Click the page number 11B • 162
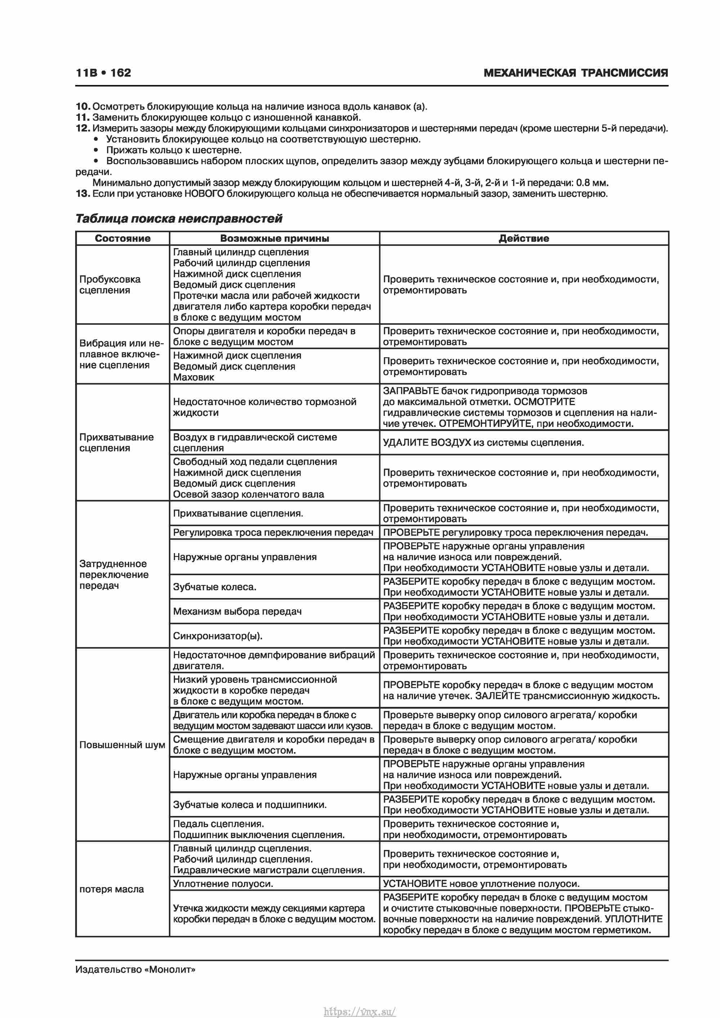pos(103,73)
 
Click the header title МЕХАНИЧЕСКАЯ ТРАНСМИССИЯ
pos(576,73)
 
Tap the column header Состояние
pos(122,238)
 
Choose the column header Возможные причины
pos(274,238)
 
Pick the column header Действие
pos(523,238)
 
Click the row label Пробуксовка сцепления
pos(109,284)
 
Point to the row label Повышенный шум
pos(122,745)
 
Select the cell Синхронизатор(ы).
pos(218,636)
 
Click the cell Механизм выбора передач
pos(237,611)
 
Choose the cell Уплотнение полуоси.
pos(223,884)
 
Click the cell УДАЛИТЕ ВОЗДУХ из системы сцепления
pos(483,443)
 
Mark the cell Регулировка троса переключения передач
pos(273,533)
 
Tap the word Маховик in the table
pos(193,377)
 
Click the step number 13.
pos(82,193)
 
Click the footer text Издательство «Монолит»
pos(135,969)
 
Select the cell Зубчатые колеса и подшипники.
pos(249,805)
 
